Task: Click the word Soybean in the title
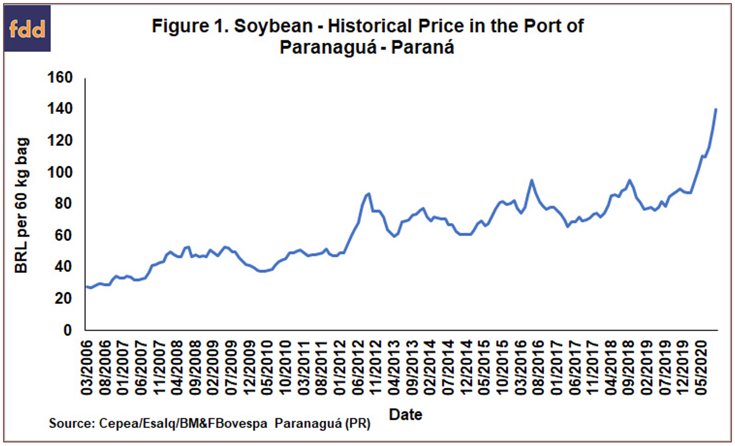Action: [273, 26]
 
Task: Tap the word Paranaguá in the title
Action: [327, 47]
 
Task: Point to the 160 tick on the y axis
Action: [60, 77]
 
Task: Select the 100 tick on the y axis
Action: [60, 172]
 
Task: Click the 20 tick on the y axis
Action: [64, 298]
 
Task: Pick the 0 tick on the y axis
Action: [68, 330]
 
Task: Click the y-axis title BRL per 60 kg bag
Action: [21, 205]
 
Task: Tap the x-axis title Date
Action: [405, 414]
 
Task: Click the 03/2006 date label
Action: [87, 367]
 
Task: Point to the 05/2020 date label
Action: [701, 367]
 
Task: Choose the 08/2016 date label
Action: [539, 367]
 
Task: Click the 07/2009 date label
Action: [231, 367]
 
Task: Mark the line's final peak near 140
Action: [715, 109]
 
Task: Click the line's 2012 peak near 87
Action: [369, 193]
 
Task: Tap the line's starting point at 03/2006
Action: [86, 286]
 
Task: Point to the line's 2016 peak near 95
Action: [531, 180]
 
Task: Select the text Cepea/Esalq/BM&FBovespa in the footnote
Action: [183, 423]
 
